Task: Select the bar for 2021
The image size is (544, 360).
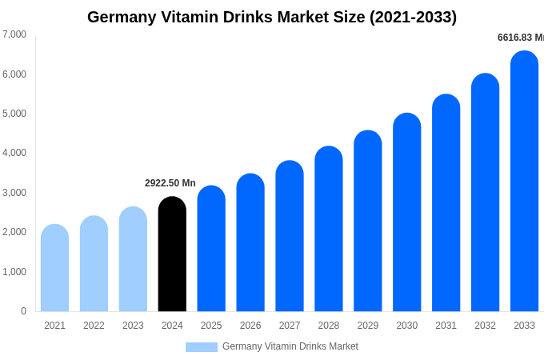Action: click(54, 268)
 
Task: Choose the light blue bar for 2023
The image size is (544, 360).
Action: click(133, 259)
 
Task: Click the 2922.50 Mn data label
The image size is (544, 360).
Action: click(170, 183)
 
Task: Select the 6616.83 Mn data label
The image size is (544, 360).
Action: click(520, 38)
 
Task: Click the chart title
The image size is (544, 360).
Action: click(272, 17)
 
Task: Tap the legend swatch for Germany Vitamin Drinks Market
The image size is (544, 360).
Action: click(202, 347)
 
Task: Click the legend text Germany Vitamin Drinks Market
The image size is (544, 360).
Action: click(290, 346)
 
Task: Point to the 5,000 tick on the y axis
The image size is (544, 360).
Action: click(14, 114)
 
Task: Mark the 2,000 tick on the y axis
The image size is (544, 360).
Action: click(14, 232)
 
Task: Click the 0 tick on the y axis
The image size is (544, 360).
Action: click(23, 311)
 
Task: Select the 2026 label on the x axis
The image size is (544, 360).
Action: click(250, 326)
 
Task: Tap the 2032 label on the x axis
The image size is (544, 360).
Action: click(485, 326)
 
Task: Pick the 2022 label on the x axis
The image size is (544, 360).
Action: click(94, 326)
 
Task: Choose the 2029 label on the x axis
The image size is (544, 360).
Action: click(368, 326)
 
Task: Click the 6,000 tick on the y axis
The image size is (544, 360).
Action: click(14, 74)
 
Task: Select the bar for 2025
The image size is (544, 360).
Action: click(211, 249)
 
